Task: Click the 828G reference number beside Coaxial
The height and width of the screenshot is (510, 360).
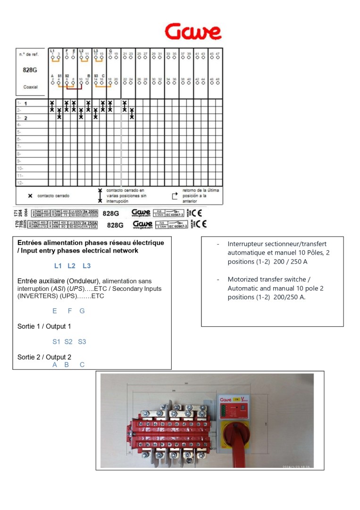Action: (30, 70)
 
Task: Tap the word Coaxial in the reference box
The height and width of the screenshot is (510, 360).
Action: (30, 87)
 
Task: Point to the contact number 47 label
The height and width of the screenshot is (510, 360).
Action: (218, 54)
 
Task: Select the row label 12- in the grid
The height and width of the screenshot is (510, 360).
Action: (20, 183)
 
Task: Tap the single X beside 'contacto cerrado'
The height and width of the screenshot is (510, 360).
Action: (30, 195)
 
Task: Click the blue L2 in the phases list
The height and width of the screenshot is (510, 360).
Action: (71, 266)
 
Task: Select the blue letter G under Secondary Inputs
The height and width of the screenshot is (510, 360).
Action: (82, 311)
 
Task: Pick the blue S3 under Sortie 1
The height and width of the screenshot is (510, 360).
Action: (82, 341)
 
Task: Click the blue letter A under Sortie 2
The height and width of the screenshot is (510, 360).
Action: (55, 365)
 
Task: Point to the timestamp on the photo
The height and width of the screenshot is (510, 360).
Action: (296, 467)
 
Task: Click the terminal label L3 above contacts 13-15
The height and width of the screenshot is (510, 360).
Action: (96, 51)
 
